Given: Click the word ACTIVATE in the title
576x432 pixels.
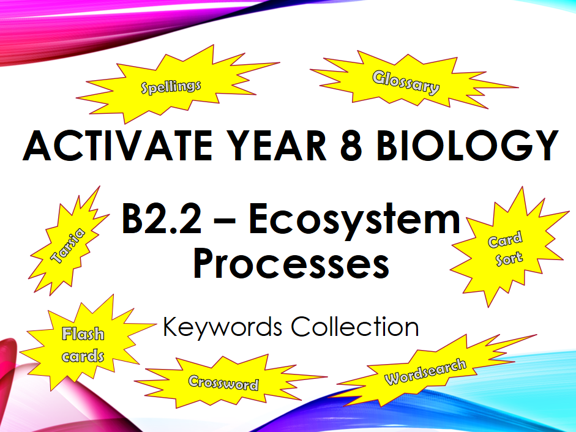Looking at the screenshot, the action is [118, 145].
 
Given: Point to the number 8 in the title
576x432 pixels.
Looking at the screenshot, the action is [351, 145].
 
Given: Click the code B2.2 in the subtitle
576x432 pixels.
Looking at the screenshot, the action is [162, 219].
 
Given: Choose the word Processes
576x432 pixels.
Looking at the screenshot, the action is [291, 264].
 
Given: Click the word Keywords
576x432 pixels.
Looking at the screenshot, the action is [223, 327].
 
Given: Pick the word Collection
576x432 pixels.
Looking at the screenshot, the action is [355, 327].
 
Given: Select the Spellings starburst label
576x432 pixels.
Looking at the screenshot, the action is [171, 87].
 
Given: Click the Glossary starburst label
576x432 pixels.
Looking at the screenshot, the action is [406, 83].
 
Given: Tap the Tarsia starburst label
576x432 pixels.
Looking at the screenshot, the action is [67, 246].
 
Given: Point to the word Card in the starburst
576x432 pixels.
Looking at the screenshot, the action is [505, 239].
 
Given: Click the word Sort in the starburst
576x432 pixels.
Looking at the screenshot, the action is [509, 259].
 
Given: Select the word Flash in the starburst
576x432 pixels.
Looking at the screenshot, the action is [83, 334].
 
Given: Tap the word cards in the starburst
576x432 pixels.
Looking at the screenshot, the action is [83, 356].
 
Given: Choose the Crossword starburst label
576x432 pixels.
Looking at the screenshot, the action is [223, 383].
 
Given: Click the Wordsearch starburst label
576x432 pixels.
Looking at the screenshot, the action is [425, 372].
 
